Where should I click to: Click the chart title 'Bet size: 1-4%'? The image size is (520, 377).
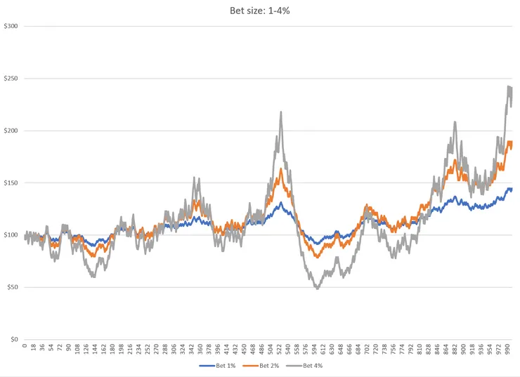click(259, 10)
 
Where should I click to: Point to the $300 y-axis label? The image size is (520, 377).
click(11, 27)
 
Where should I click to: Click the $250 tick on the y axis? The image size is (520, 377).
click(11, 79)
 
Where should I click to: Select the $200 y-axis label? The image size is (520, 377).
click(11, 131)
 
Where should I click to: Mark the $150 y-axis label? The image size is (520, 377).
click(11, 183)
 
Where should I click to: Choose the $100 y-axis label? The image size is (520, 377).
click(11, 235)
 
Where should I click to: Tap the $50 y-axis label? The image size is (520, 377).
click(12, 287)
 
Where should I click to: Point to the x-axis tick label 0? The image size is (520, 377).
click(25, 345)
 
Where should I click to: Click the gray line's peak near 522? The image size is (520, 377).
click(281, 112)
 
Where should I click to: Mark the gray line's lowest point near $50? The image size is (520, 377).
click(317, 288)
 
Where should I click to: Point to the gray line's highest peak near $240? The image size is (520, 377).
click(508, 86)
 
